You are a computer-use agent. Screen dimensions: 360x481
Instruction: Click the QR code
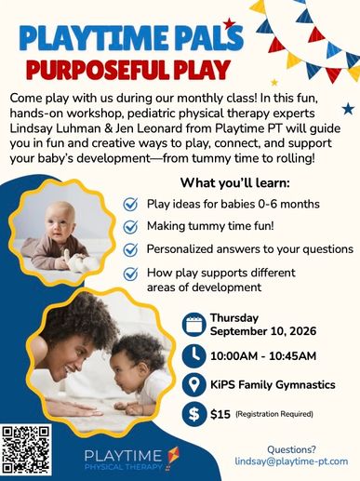(26, 449)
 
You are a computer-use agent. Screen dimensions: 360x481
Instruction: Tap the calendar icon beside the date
(194, 325)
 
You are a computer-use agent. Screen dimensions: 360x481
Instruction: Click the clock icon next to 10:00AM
(194, 355)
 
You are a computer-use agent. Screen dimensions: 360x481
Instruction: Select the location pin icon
(194, 385)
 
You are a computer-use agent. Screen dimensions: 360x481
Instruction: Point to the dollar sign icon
(194, 414)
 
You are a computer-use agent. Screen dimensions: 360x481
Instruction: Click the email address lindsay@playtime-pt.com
(291, 461)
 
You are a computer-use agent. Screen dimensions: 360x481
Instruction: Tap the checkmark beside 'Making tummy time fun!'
(130, 227)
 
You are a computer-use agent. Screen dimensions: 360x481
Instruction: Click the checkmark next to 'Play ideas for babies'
(130, 204)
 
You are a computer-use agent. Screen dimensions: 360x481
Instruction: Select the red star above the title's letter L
(229, 23)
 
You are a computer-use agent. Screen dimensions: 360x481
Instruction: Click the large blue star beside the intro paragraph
(348, 109)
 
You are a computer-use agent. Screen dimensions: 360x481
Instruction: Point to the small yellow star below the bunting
(274, 82)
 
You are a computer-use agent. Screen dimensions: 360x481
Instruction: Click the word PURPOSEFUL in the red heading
(99, 69)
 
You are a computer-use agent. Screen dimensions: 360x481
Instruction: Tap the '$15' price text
(220, 414)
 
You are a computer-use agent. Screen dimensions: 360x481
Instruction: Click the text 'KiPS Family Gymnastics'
(273, 385)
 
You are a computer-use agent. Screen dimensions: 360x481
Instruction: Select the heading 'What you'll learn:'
(235, 182)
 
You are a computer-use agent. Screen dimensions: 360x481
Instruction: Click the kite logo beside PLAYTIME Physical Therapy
(172, 459)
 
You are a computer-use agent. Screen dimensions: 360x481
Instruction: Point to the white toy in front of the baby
(74, 259)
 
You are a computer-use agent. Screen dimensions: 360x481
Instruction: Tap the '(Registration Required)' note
(274, 414)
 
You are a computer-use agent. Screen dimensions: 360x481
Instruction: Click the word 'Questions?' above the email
(291, 449)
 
